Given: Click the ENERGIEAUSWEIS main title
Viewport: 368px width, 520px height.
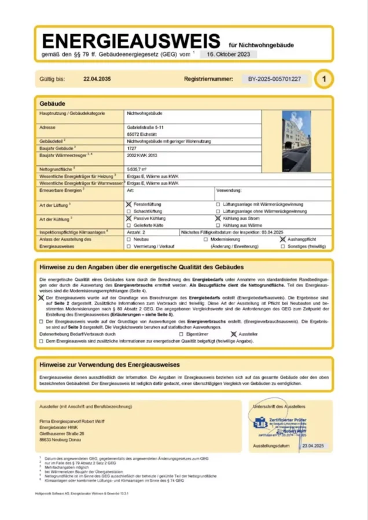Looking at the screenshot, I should (131, 41).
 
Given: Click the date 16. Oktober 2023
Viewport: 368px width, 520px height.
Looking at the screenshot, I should (229, 54).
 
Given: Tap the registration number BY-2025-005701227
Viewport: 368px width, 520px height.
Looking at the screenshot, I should (274, 79).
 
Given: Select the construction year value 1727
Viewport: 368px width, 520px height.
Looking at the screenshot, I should (132, 148).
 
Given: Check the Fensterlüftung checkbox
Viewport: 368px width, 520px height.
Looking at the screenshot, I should (128, 205).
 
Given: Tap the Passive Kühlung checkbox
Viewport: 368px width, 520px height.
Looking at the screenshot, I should (128, 219).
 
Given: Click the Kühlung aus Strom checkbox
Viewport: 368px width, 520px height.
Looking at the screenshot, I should (218, 219).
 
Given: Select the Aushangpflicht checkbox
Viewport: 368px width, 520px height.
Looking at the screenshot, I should (282, 239).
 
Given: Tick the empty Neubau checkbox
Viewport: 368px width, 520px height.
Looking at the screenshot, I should (128, 239).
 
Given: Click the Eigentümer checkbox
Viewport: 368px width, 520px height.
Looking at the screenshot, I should (182, 334).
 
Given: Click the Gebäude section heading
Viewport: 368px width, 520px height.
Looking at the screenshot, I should (51, 103).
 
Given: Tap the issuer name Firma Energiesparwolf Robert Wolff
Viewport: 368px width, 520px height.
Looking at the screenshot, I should (72, 421).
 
